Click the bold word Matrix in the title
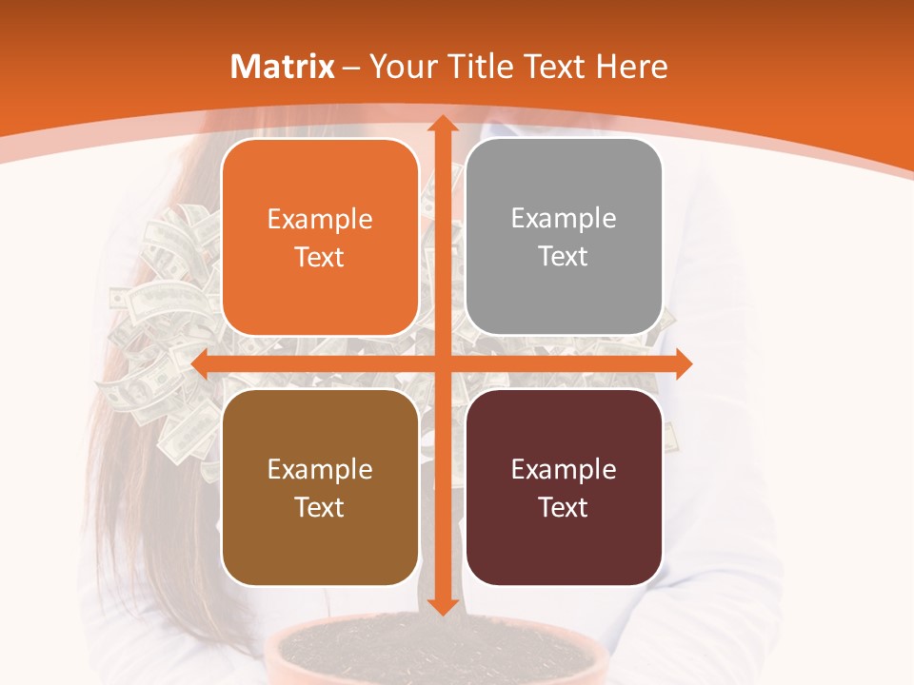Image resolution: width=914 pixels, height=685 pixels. tap(283, 67)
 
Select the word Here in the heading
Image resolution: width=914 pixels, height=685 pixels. tap(631, 67)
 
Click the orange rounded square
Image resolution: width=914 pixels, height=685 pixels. tap(320, 238)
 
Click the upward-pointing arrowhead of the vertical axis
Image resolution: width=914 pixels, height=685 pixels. tap(442, 125)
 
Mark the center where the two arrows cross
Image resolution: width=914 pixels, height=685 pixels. tap(442, 363)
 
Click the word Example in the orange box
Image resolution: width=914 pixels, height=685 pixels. tap(320, 220)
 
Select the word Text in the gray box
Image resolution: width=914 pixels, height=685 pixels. tap(564, 257)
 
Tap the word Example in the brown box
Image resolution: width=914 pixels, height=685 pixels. tap(320, 470)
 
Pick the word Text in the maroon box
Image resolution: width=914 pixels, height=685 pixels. tap(564, 507)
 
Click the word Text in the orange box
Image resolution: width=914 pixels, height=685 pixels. tap(320, 257)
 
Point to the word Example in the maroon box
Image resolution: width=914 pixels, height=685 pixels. tap(564, 470)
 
